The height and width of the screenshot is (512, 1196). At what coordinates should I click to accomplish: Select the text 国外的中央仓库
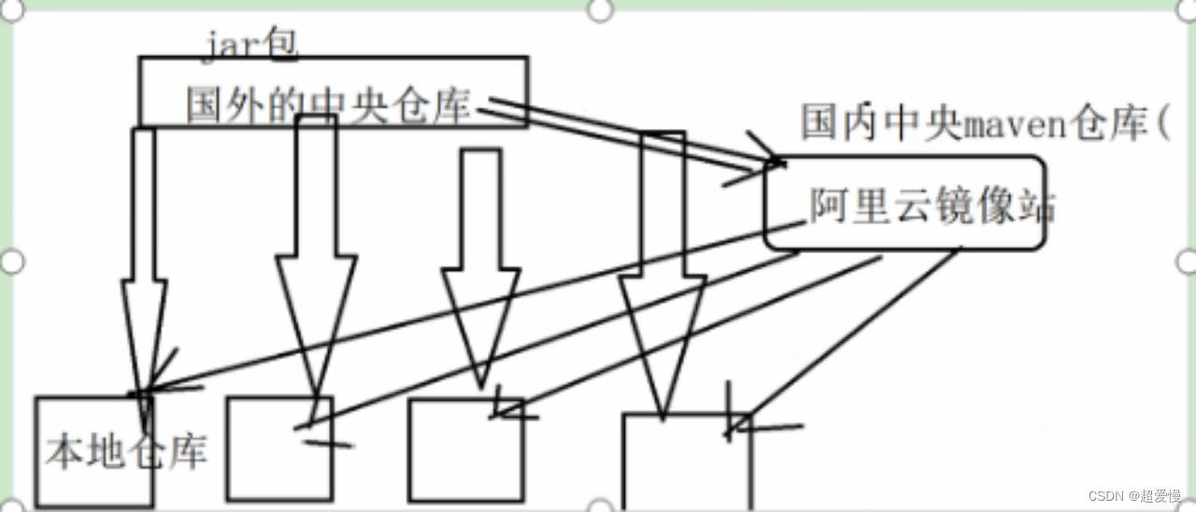(327, 107)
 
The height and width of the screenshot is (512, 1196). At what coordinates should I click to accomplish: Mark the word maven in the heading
(1010, 124)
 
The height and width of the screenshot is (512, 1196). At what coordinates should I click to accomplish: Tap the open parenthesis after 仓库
(1161, 124)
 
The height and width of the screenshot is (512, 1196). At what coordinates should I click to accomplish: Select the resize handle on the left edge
(10, 262)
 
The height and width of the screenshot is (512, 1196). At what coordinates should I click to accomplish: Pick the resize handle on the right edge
(1186, 262)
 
